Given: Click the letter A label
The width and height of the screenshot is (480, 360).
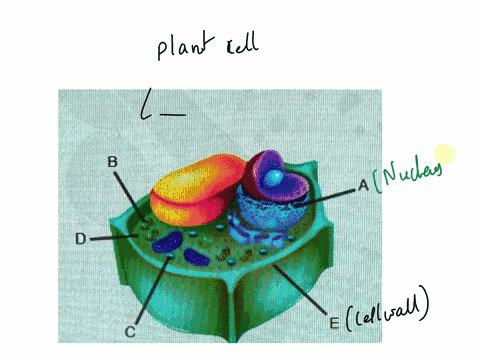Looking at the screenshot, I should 363,185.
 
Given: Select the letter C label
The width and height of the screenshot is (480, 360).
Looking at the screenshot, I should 129,330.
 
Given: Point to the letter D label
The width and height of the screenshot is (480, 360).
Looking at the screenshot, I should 81,239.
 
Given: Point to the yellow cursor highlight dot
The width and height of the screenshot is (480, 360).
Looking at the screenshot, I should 444,154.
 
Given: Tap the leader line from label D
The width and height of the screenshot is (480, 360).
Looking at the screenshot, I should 113,237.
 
